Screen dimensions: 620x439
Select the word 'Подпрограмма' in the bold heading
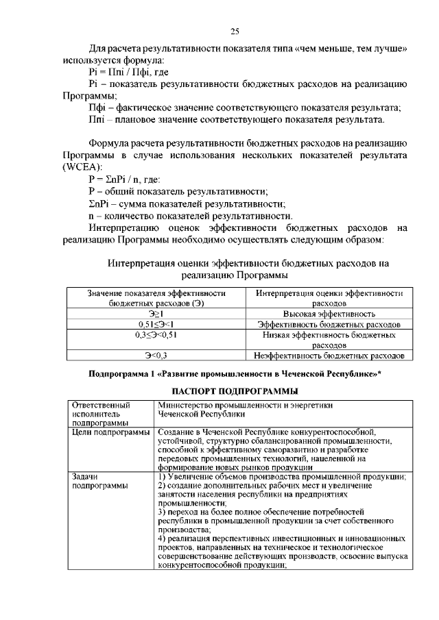[120, 374]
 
